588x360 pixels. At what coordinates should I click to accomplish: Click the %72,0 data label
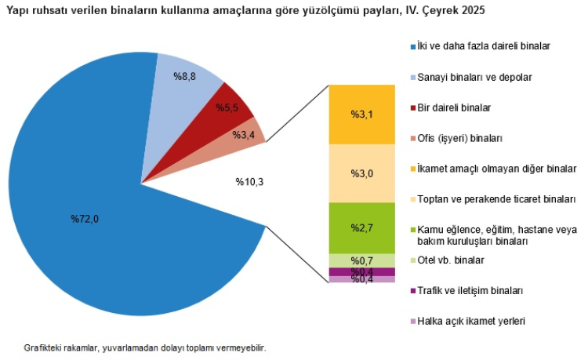pyautogui.click(x=85, y=218)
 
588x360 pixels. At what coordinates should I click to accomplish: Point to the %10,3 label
pyautogui.click(x=249, y=182)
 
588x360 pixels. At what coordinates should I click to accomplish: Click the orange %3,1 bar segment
pyautogui.click(x=361, y=115)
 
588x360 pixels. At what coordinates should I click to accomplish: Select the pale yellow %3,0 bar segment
pyautogui.click(x=361, y=173)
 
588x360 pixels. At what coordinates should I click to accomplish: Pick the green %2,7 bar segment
pyautogui.click(x=361, y=227)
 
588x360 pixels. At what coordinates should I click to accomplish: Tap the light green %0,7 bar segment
pyautogui.click(x=361, y=260)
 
